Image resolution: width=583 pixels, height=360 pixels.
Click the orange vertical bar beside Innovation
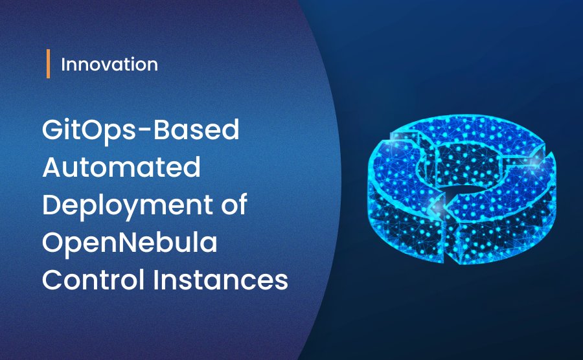click(x=49, y=65)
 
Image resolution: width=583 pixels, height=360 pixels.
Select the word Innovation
click(x=109, y=65)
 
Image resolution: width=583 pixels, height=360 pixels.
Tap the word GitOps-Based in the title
click(x=141, y=131)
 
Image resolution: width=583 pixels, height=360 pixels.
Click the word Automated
click(x=121, y=169)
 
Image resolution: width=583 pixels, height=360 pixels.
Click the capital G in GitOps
click(x=53, y=131)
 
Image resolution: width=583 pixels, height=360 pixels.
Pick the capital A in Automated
click(x=53, y=169)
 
